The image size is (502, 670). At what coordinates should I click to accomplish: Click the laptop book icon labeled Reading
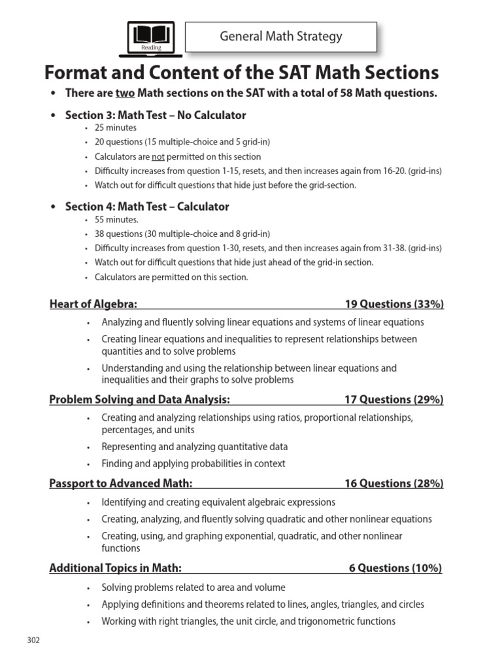click(151, 37)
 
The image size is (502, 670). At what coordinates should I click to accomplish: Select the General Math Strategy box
click(281, 37)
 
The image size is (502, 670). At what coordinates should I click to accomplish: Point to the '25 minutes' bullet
click(116, 128)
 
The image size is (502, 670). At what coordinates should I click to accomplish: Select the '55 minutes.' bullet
click(117, 220)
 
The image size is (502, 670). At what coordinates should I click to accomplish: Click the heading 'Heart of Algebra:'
click(93, 304)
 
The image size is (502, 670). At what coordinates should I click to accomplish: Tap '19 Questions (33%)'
click(394, 304)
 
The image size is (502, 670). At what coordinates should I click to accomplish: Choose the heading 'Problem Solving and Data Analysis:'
click(139, 400)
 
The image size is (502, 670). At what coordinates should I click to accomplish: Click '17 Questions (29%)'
click(394, 400)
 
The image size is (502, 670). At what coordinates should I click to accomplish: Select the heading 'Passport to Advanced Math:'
click(121, 484)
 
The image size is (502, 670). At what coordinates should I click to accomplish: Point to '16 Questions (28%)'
click(394, 484)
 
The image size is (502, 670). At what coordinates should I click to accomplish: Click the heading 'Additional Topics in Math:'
click(115, 568)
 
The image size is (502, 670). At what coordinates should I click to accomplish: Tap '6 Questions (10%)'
click(395, 568)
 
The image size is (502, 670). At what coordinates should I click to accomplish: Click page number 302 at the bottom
click(33, 640)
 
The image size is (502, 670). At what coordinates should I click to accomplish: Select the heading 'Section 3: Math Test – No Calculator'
click(156, 115)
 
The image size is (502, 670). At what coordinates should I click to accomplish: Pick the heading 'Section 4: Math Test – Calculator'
click(147, 207)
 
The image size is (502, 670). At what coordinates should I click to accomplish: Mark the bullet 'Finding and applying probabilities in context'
click(193, 463)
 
